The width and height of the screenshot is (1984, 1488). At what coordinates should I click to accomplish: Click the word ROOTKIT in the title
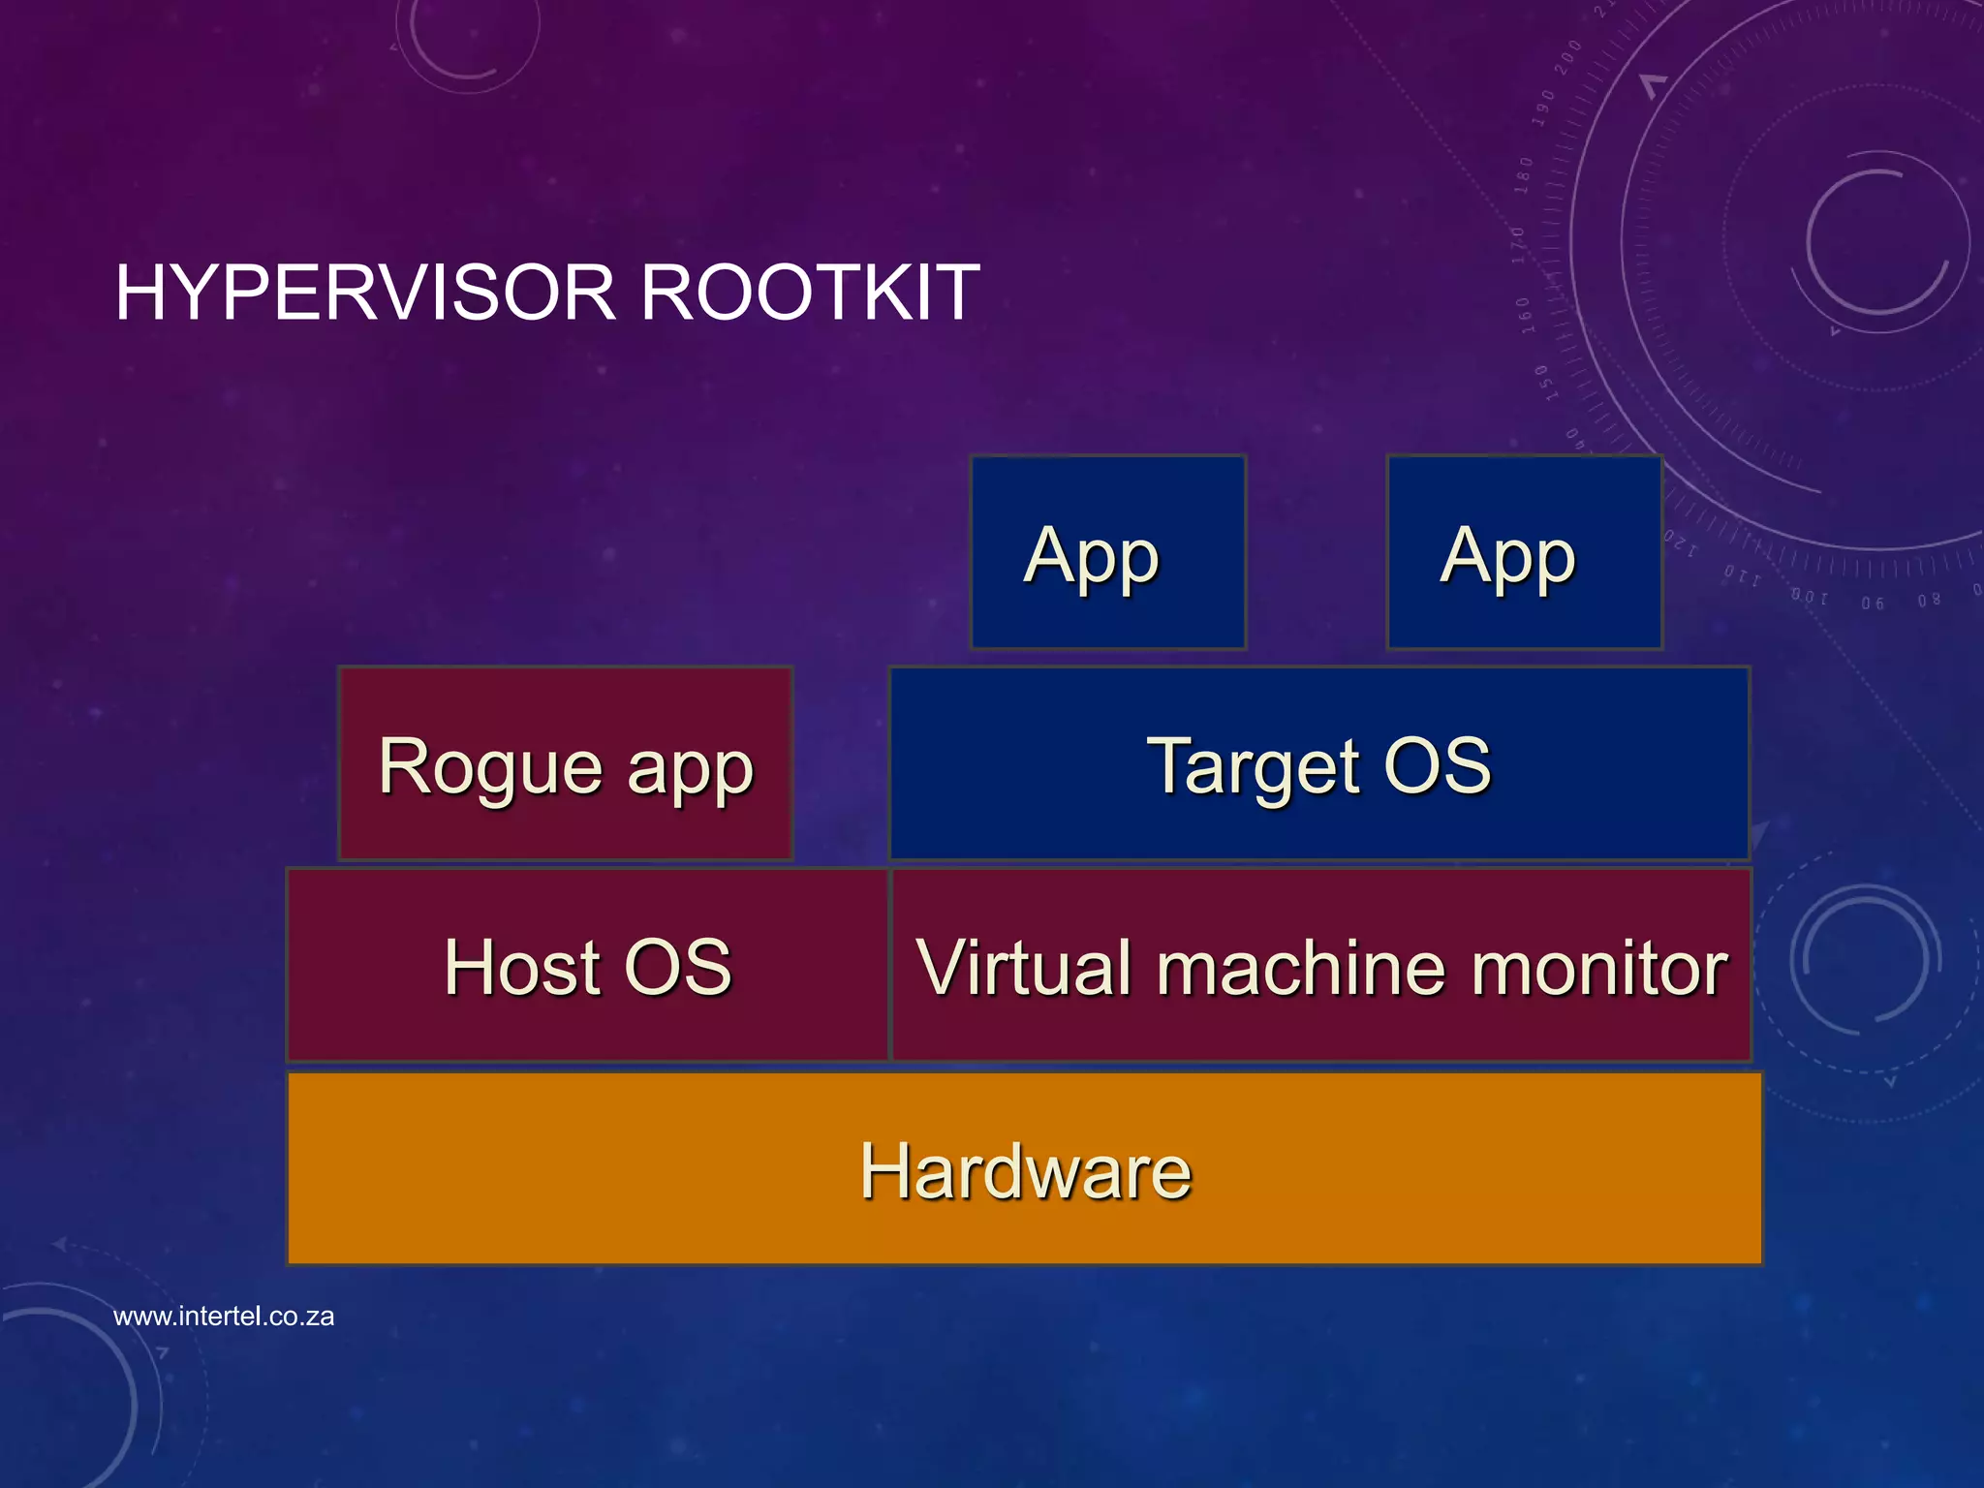[x=810, y=293]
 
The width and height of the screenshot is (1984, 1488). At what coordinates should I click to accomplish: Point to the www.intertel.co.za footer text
[x=224, y=1317]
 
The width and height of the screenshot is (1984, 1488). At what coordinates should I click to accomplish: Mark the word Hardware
[x=1025, y=1170]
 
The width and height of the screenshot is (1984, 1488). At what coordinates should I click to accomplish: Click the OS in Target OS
[x=1438, y=765]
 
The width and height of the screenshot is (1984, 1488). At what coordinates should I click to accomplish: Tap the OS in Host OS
[x=678, y=967]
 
